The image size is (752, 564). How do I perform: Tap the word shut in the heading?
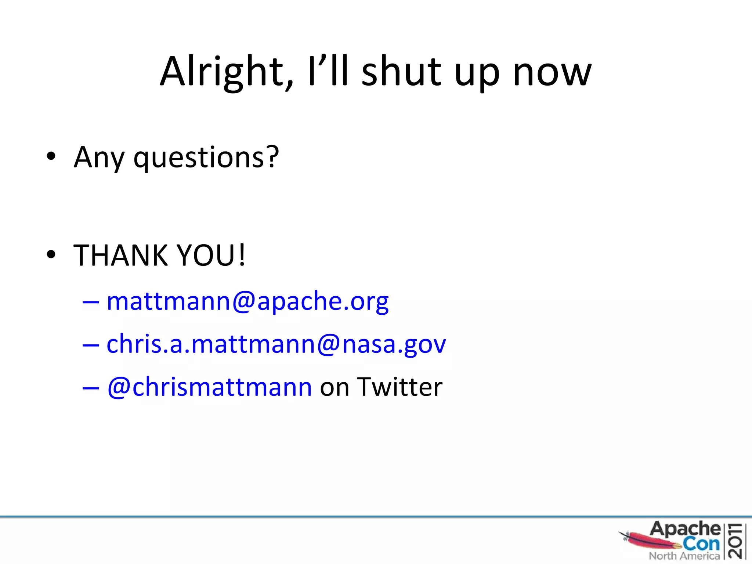pos(401,72)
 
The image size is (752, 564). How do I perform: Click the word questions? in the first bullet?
pos(206,157)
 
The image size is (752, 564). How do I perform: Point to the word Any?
pos(99,157)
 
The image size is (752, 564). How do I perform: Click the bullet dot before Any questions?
pos(51,156)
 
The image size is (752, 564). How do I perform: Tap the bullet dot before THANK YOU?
pos(51,254)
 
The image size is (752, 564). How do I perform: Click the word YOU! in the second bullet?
pos(211,255)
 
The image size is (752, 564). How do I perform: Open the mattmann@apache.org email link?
pos(247,301)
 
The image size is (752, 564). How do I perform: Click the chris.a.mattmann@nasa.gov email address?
pos(276,344)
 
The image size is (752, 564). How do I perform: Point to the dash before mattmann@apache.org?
pos(91,302)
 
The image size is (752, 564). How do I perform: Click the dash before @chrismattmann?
pos(91,388)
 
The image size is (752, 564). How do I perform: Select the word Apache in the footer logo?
pos(685,529)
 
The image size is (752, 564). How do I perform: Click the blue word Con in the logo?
pos(701,543)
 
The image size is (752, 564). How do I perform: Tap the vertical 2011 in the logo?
pos(735,541)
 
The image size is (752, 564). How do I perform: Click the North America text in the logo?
pos(684,556)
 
